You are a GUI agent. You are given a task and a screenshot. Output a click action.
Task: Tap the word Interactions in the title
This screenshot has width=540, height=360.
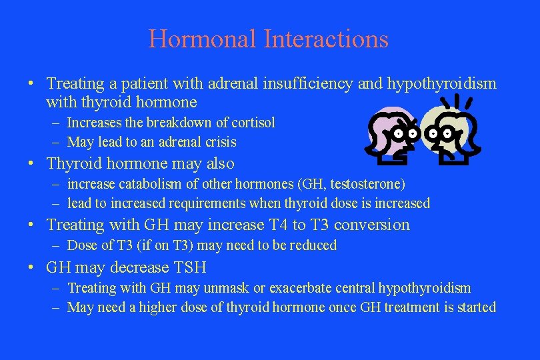click(x=326, y=39)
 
